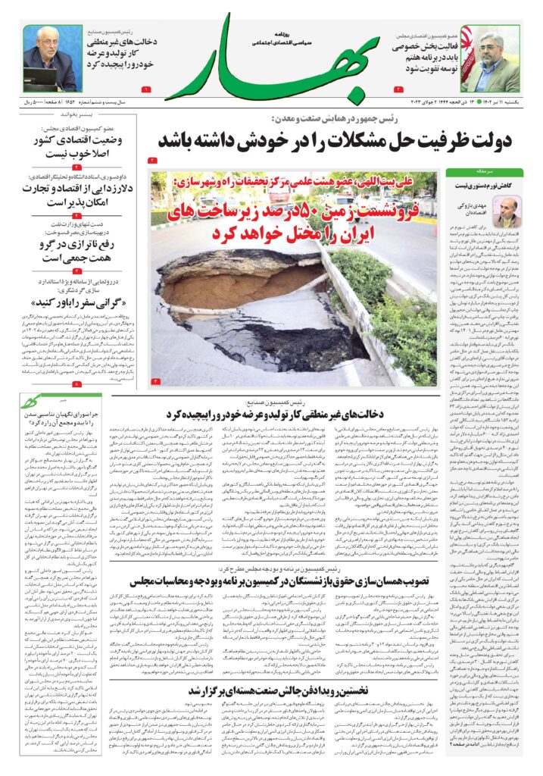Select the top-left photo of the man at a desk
(x=51, y=58)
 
